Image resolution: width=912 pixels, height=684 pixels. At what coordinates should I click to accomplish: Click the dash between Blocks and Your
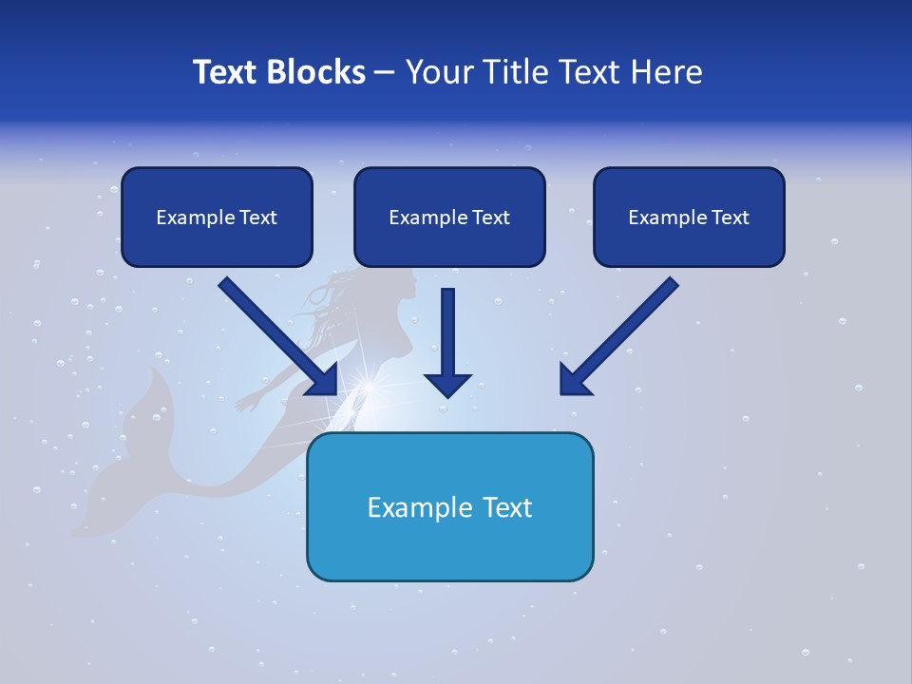[385, 73]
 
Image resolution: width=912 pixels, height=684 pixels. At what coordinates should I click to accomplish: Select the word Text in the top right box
[731, 218]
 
